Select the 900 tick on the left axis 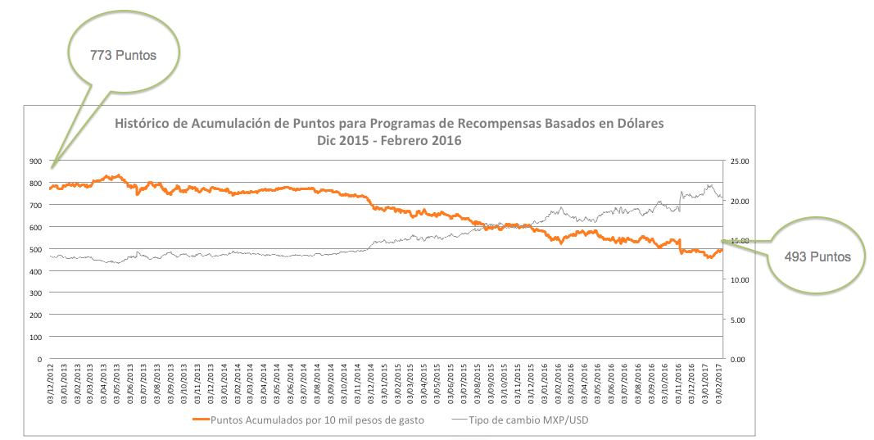point(35,161)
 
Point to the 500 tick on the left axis point(35,249)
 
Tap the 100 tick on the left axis point(35,337)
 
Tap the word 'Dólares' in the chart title point(635,124)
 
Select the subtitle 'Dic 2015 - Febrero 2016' point(388,140)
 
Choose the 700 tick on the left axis point(35,205)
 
